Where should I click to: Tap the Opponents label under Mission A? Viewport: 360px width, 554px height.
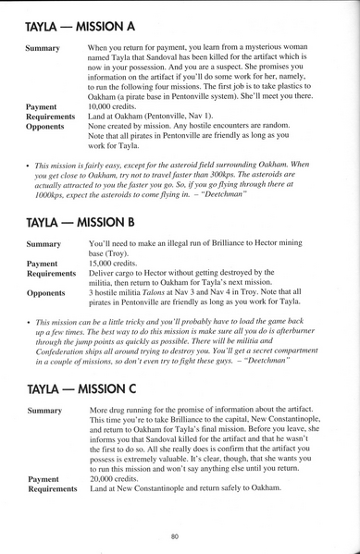(47, 127)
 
